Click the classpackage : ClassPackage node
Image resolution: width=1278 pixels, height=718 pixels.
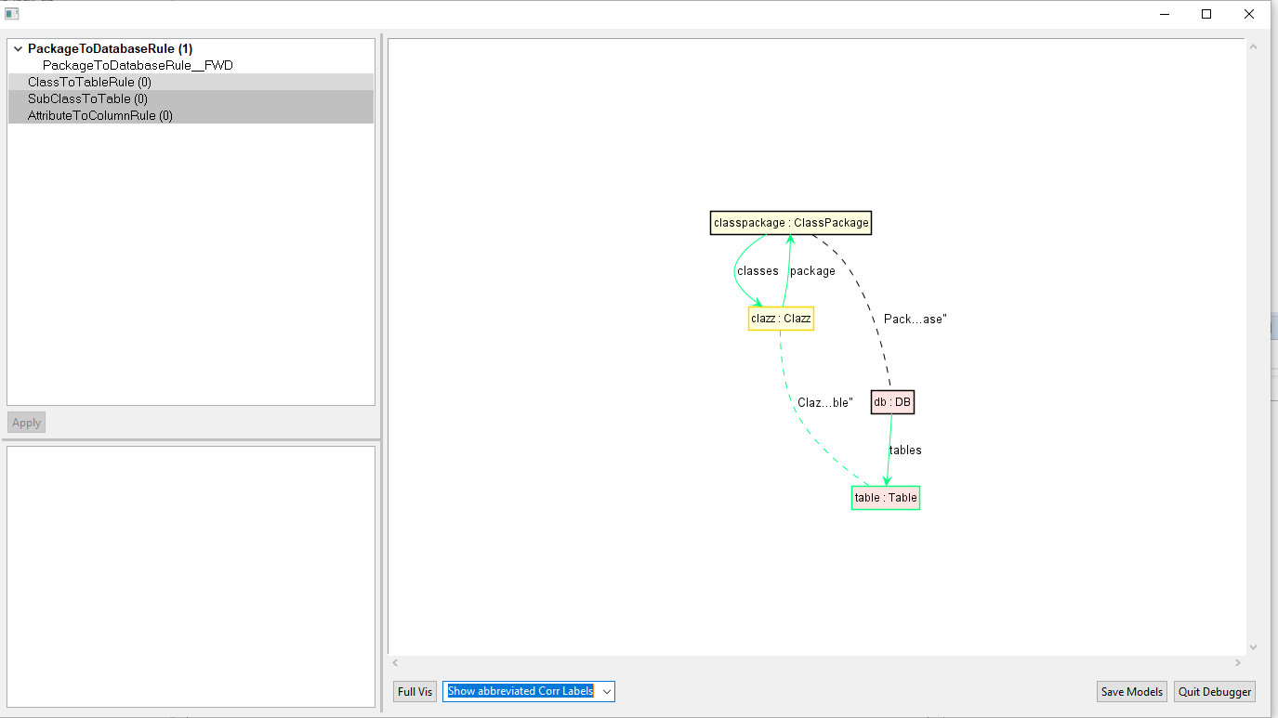pos(790,223)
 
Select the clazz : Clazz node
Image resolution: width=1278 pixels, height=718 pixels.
pos(781,319)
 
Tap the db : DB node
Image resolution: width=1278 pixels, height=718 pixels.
pos(892,402)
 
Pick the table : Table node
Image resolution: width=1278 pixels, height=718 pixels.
pos(885,498)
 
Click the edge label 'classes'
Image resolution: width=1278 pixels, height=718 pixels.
pos(758,271)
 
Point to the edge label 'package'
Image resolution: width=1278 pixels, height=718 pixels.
pos(812,271)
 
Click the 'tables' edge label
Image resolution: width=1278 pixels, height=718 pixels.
pos(905,450)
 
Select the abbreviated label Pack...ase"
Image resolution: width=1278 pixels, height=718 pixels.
pos(915,320)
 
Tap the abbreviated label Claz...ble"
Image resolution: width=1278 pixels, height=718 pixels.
pos(824,404)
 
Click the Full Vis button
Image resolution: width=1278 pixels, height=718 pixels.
pos(415,691)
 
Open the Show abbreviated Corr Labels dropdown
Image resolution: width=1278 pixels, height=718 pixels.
pos(606,691)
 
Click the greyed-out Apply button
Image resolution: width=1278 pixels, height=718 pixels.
pos(26,423)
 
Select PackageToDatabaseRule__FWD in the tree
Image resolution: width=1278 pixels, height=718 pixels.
pos(138,66)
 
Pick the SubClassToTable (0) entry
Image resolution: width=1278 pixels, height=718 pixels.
pos(87,99)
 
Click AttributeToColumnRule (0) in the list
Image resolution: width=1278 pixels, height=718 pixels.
pos(99,116)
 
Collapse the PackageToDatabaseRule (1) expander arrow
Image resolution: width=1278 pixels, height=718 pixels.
pos(18,49)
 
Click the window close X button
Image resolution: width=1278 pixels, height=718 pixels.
pos(1249,14)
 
